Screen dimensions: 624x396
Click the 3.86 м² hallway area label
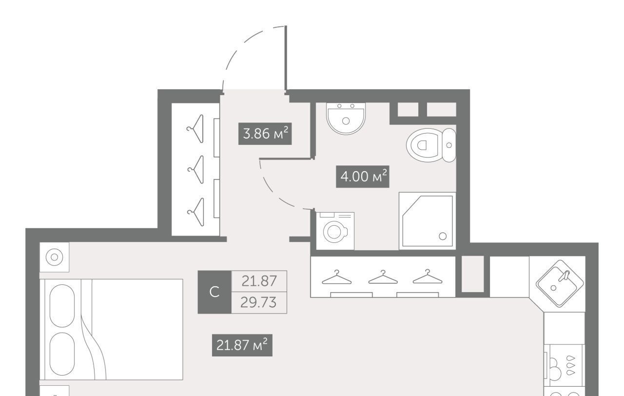[265, 134]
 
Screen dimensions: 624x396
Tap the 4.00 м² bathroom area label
[362, 177]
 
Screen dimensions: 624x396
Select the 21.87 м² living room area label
[242, 345]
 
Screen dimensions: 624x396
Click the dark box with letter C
[214, 292]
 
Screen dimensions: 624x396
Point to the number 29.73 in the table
[258, 302]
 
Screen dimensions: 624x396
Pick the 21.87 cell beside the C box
[259, 281]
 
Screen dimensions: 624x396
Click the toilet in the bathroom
[431, 145]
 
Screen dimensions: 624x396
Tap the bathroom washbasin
[346, 119]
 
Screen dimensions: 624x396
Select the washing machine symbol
[335, 231]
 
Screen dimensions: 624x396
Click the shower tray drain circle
[443, 237]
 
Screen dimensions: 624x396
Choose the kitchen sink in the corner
[560, 284]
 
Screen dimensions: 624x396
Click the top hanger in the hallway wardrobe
[195, 129]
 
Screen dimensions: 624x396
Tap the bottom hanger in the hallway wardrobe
[195, 212]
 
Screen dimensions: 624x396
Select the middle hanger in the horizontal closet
[383, 277]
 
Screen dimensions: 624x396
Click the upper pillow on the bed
[62, 306]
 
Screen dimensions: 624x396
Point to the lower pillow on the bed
[62, 354]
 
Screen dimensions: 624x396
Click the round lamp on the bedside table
[54, 257]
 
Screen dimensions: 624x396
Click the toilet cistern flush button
[449, 145]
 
